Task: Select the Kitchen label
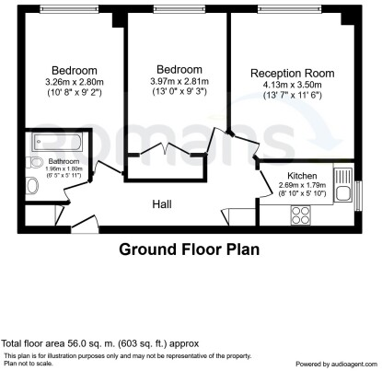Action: point(301,175)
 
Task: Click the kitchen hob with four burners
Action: point(301,214)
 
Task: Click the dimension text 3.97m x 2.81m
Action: point(179,81)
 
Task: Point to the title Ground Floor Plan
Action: point(190,249)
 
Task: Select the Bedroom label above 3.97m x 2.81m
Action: point(179,70)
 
